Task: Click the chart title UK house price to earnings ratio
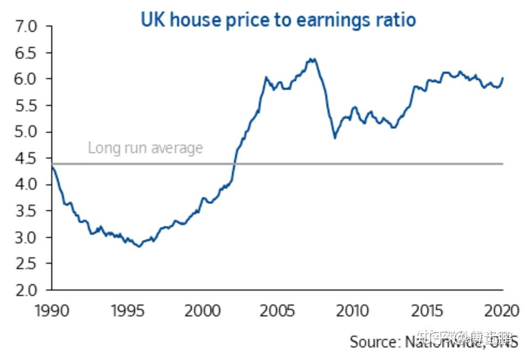[278, 20]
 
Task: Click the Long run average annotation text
[145, 148]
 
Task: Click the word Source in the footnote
[372, 341]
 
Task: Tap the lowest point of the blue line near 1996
[139, 246]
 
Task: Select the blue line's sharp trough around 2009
[335, 138]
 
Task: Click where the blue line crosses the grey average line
[234, 164]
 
